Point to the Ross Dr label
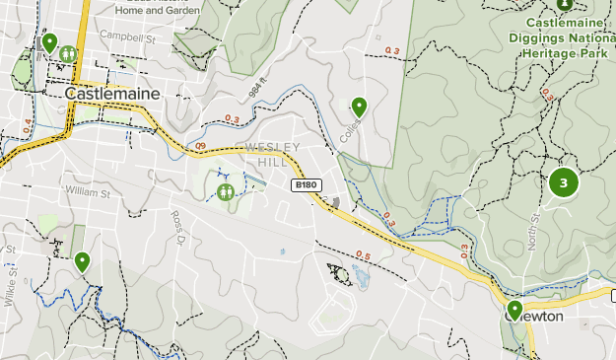[177, 227]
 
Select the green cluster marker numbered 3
[564, 182]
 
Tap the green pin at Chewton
[514, 309]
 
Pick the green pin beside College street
[360, 106]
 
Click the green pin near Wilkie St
[82, 261]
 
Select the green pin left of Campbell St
[49, 42]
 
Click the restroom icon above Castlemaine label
[67, 53]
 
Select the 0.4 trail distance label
[27, 127]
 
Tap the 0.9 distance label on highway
[200, 146]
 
